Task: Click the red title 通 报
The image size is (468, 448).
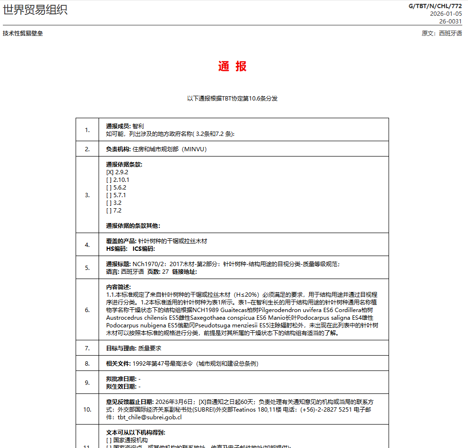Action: pyautogui.click(x=232, y=67)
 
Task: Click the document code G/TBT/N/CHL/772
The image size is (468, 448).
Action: pyautogui.click(x=435, y=6)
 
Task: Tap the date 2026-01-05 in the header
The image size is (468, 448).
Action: pyautogui.click(x=446, y=13)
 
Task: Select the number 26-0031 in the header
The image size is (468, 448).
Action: pyautogui.click(x=450, y=21)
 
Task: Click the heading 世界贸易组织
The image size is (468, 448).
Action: pyautogui.click(x=35, y=10)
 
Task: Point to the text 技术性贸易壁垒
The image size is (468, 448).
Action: pyautogui.click(x=22, y=34)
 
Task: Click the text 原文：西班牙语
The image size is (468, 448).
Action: pyautogui.click(x=442, y=34)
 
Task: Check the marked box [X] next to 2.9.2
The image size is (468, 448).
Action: pyautogui.click(x=110, y=172)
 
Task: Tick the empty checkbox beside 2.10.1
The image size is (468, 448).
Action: pyautogui.click(x=109, y=180)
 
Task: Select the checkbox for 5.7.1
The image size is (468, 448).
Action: pyautogui.click(x=109, y=195)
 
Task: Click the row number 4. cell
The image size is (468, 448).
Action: pyautogui.click(x=87, y=245)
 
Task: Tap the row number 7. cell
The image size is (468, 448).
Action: pyautogui.click(x=87, y=348)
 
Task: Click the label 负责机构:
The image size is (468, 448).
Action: pyautogui.click(x=119, y=149)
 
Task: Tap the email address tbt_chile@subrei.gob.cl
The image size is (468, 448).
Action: pyautogui.click(x=150, y=417)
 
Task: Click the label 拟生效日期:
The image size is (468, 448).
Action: pyautogui.click(x=122, y=386)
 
